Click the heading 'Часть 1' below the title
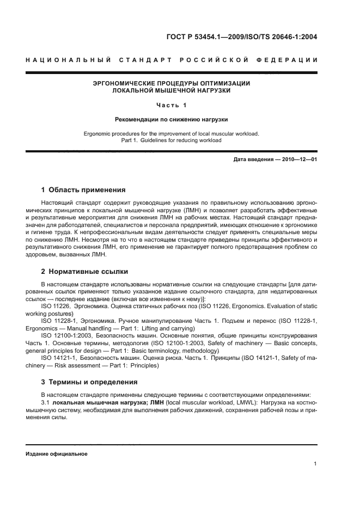(x=171, y=105)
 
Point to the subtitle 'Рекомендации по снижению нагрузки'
(x=171, y=119)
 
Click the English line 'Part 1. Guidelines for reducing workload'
(x=171, y=140)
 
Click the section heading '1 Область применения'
(x=83, y=190)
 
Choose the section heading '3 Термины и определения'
(x=90, y=382)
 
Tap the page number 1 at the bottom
(x=315, y=464)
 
